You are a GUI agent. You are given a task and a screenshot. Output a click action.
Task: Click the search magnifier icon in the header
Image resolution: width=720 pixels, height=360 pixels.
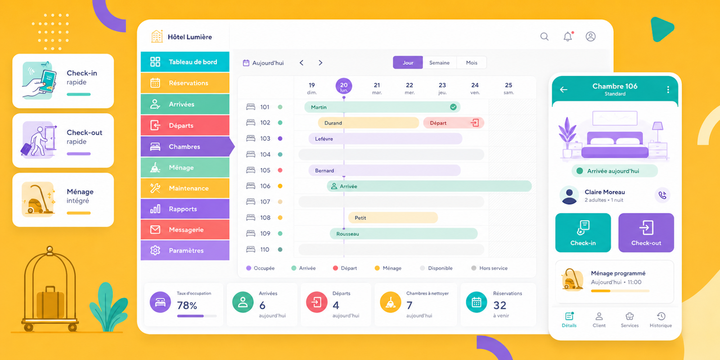point(544,36)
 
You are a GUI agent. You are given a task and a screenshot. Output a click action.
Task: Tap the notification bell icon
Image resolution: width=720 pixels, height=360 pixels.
point(568,36)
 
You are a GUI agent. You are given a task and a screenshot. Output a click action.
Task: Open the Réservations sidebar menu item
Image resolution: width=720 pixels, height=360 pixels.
point(185,83)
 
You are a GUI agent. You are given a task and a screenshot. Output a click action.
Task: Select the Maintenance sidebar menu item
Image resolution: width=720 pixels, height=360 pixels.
point(185,189)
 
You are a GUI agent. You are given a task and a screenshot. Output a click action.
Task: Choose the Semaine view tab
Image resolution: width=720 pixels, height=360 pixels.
point(439,63)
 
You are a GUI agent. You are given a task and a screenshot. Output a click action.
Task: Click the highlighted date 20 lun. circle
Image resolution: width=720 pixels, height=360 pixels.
point(344,86)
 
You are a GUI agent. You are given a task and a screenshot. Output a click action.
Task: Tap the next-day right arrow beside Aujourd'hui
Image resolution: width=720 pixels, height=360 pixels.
point(320,63)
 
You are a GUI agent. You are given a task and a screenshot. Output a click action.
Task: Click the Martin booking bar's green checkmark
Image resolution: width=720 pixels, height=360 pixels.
point(453,107)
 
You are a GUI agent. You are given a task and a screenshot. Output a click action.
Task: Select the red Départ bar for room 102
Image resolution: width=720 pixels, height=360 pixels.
point(454,123)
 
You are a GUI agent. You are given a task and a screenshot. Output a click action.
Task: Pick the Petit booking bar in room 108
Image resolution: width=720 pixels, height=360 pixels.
point(393,218)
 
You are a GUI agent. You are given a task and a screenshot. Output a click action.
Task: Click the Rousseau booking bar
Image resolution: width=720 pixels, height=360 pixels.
point(404,234)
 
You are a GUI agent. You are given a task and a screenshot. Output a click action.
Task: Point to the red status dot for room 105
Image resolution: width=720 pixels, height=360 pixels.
point(280,171)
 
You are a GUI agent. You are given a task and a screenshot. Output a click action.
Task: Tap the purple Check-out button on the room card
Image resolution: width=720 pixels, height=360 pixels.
point(646,233)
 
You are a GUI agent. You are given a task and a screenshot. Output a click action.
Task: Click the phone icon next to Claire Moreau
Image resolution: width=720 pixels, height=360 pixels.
point(662,195)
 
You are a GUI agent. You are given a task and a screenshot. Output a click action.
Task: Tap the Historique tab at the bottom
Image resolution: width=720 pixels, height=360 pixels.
point(661,320)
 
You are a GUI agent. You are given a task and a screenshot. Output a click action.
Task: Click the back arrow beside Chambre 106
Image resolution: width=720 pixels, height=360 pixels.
point(564,90)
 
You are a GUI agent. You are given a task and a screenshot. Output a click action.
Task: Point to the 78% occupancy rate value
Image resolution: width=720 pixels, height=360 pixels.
point(187,306)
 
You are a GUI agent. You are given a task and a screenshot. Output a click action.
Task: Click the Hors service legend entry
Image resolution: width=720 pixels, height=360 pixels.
point(490,268)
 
